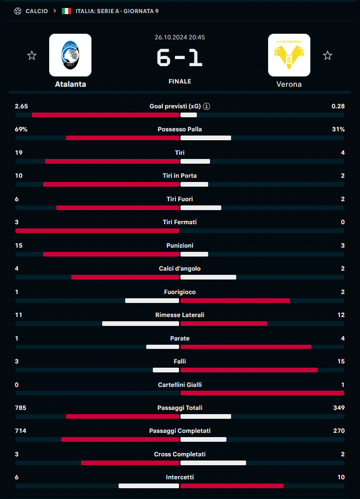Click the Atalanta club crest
[x=70, y=55]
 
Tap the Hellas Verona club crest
[x=289, y=55]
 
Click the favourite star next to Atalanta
[x=32, y=56]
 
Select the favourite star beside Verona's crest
[x=328, y=56]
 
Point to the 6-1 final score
[x=180, y=59]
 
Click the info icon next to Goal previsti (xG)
[x=207, y=106]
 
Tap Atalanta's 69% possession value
[x=21, y=129]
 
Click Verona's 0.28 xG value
[x=338, y=106]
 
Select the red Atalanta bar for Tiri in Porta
[x=111, y=184]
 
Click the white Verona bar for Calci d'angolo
[x=208, y=277]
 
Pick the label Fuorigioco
[x=180, y=292]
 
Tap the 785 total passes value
[x=21, y=408]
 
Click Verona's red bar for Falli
[x=249, y=370]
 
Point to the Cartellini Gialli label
[x=180, y=385]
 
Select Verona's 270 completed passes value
[x=338, y=431]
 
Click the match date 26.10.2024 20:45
[x=180, y=37]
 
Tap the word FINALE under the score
[x=180, y=82]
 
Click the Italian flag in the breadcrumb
[x=67, y=11]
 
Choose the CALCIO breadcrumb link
[x=37, y=11]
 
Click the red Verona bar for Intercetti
[x=232, y=486]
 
